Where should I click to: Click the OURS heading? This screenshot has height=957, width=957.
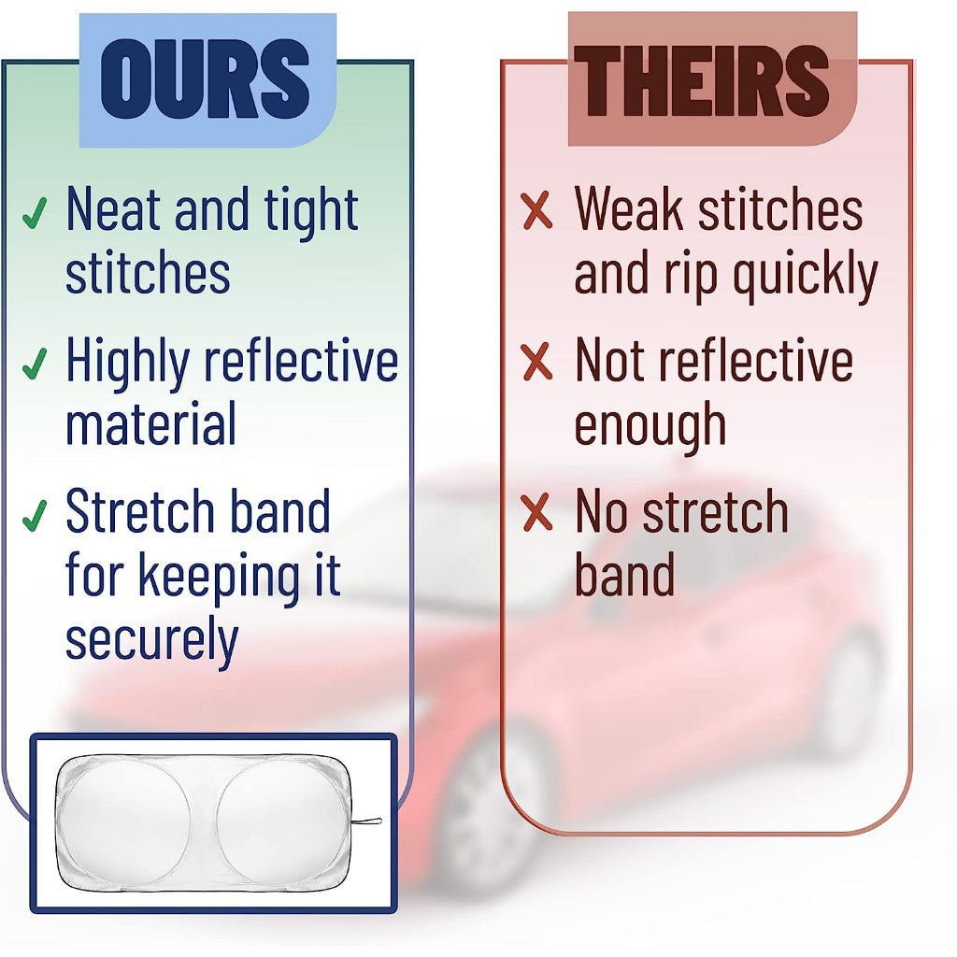(x=205, y=79)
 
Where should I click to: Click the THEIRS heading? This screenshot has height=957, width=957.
(x=701, y=80)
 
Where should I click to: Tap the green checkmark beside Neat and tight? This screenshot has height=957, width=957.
(x=35, y=213)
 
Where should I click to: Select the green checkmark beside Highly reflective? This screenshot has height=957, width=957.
(x=35, y=364)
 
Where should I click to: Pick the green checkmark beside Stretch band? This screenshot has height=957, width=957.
(x=35, y=516)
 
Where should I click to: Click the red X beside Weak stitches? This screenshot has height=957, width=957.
(x=537, y=210)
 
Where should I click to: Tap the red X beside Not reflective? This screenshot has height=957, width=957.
(x=537, y=362)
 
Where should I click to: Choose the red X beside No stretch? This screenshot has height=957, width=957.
(x=537, y=512)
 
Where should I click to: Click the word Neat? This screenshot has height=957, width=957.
(x=114, y=209)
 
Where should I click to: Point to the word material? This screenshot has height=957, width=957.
(x=150, y=423)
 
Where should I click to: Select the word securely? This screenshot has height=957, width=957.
(x=151, y=639)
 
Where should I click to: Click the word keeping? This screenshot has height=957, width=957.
(x=220, y=578)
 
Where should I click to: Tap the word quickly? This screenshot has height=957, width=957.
(x=805, y=276)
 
